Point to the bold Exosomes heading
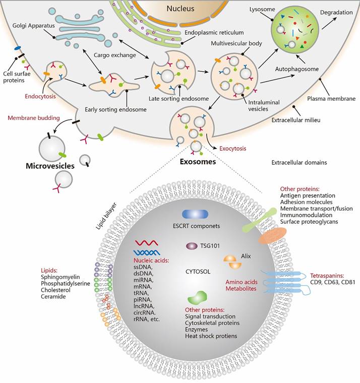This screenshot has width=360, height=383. [199, 162]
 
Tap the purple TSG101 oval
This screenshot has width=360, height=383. [192, 246]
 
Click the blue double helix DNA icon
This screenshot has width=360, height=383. [146, 252]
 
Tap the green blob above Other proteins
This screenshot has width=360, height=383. [198, 296]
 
